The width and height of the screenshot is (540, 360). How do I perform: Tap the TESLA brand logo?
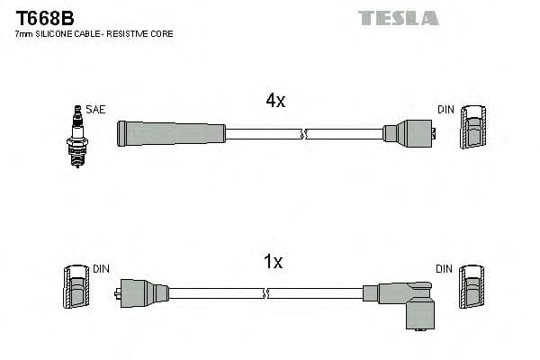coord(398,17)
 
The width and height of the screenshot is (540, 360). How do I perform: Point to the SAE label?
coord(96,110)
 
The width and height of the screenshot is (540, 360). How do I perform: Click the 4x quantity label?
coord(275,101)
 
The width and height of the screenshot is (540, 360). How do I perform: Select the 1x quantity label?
coord(273,262)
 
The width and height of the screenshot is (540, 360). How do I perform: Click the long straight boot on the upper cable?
coord(171,133)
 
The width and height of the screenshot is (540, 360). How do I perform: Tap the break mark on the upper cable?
coord(303,134)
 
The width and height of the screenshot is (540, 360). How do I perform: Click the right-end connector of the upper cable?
coord(410,133)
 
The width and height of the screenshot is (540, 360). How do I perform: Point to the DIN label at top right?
coord(446,110)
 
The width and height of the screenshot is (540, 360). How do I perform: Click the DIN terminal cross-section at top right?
coord(474,130)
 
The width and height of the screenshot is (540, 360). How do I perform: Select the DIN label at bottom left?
coord(101,269)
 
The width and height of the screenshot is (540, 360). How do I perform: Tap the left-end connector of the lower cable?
coord(143,292)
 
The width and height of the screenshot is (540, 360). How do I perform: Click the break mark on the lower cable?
coord(267,292)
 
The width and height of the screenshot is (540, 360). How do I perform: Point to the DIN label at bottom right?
coord(445,269)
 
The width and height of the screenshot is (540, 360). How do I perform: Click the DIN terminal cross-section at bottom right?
coord(472,290)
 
